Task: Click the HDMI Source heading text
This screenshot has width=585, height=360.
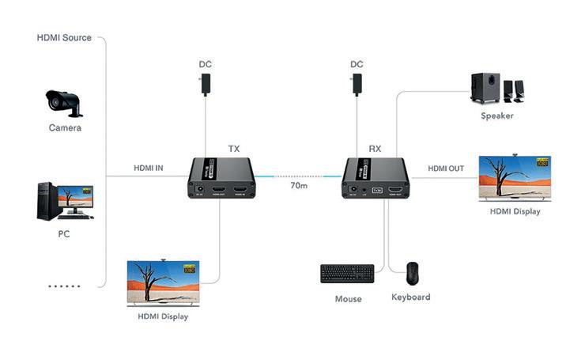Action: [64, 37]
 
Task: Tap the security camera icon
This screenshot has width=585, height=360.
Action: [63, 102]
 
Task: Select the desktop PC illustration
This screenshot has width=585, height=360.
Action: [64, 200]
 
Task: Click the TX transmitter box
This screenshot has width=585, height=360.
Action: [221, 178]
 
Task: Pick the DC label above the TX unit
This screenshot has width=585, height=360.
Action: [206, 64]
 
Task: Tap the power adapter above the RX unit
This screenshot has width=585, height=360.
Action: [357, 83]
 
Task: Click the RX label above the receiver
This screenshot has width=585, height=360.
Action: [375, 148]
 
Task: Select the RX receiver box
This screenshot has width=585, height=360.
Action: [375, 178]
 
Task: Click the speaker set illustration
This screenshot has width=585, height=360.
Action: [496, 89]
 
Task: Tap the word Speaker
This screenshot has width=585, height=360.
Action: [497, 116]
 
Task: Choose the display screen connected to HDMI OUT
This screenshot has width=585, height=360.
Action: [515, 180]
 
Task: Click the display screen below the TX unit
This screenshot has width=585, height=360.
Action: [163, 283]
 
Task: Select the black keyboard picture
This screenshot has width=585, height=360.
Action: [347, 274]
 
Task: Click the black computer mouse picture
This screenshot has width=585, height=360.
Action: [412, 274]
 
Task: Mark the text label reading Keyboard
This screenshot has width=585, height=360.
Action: [411, 297]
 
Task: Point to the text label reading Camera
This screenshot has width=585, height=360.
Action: [65, 127]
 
